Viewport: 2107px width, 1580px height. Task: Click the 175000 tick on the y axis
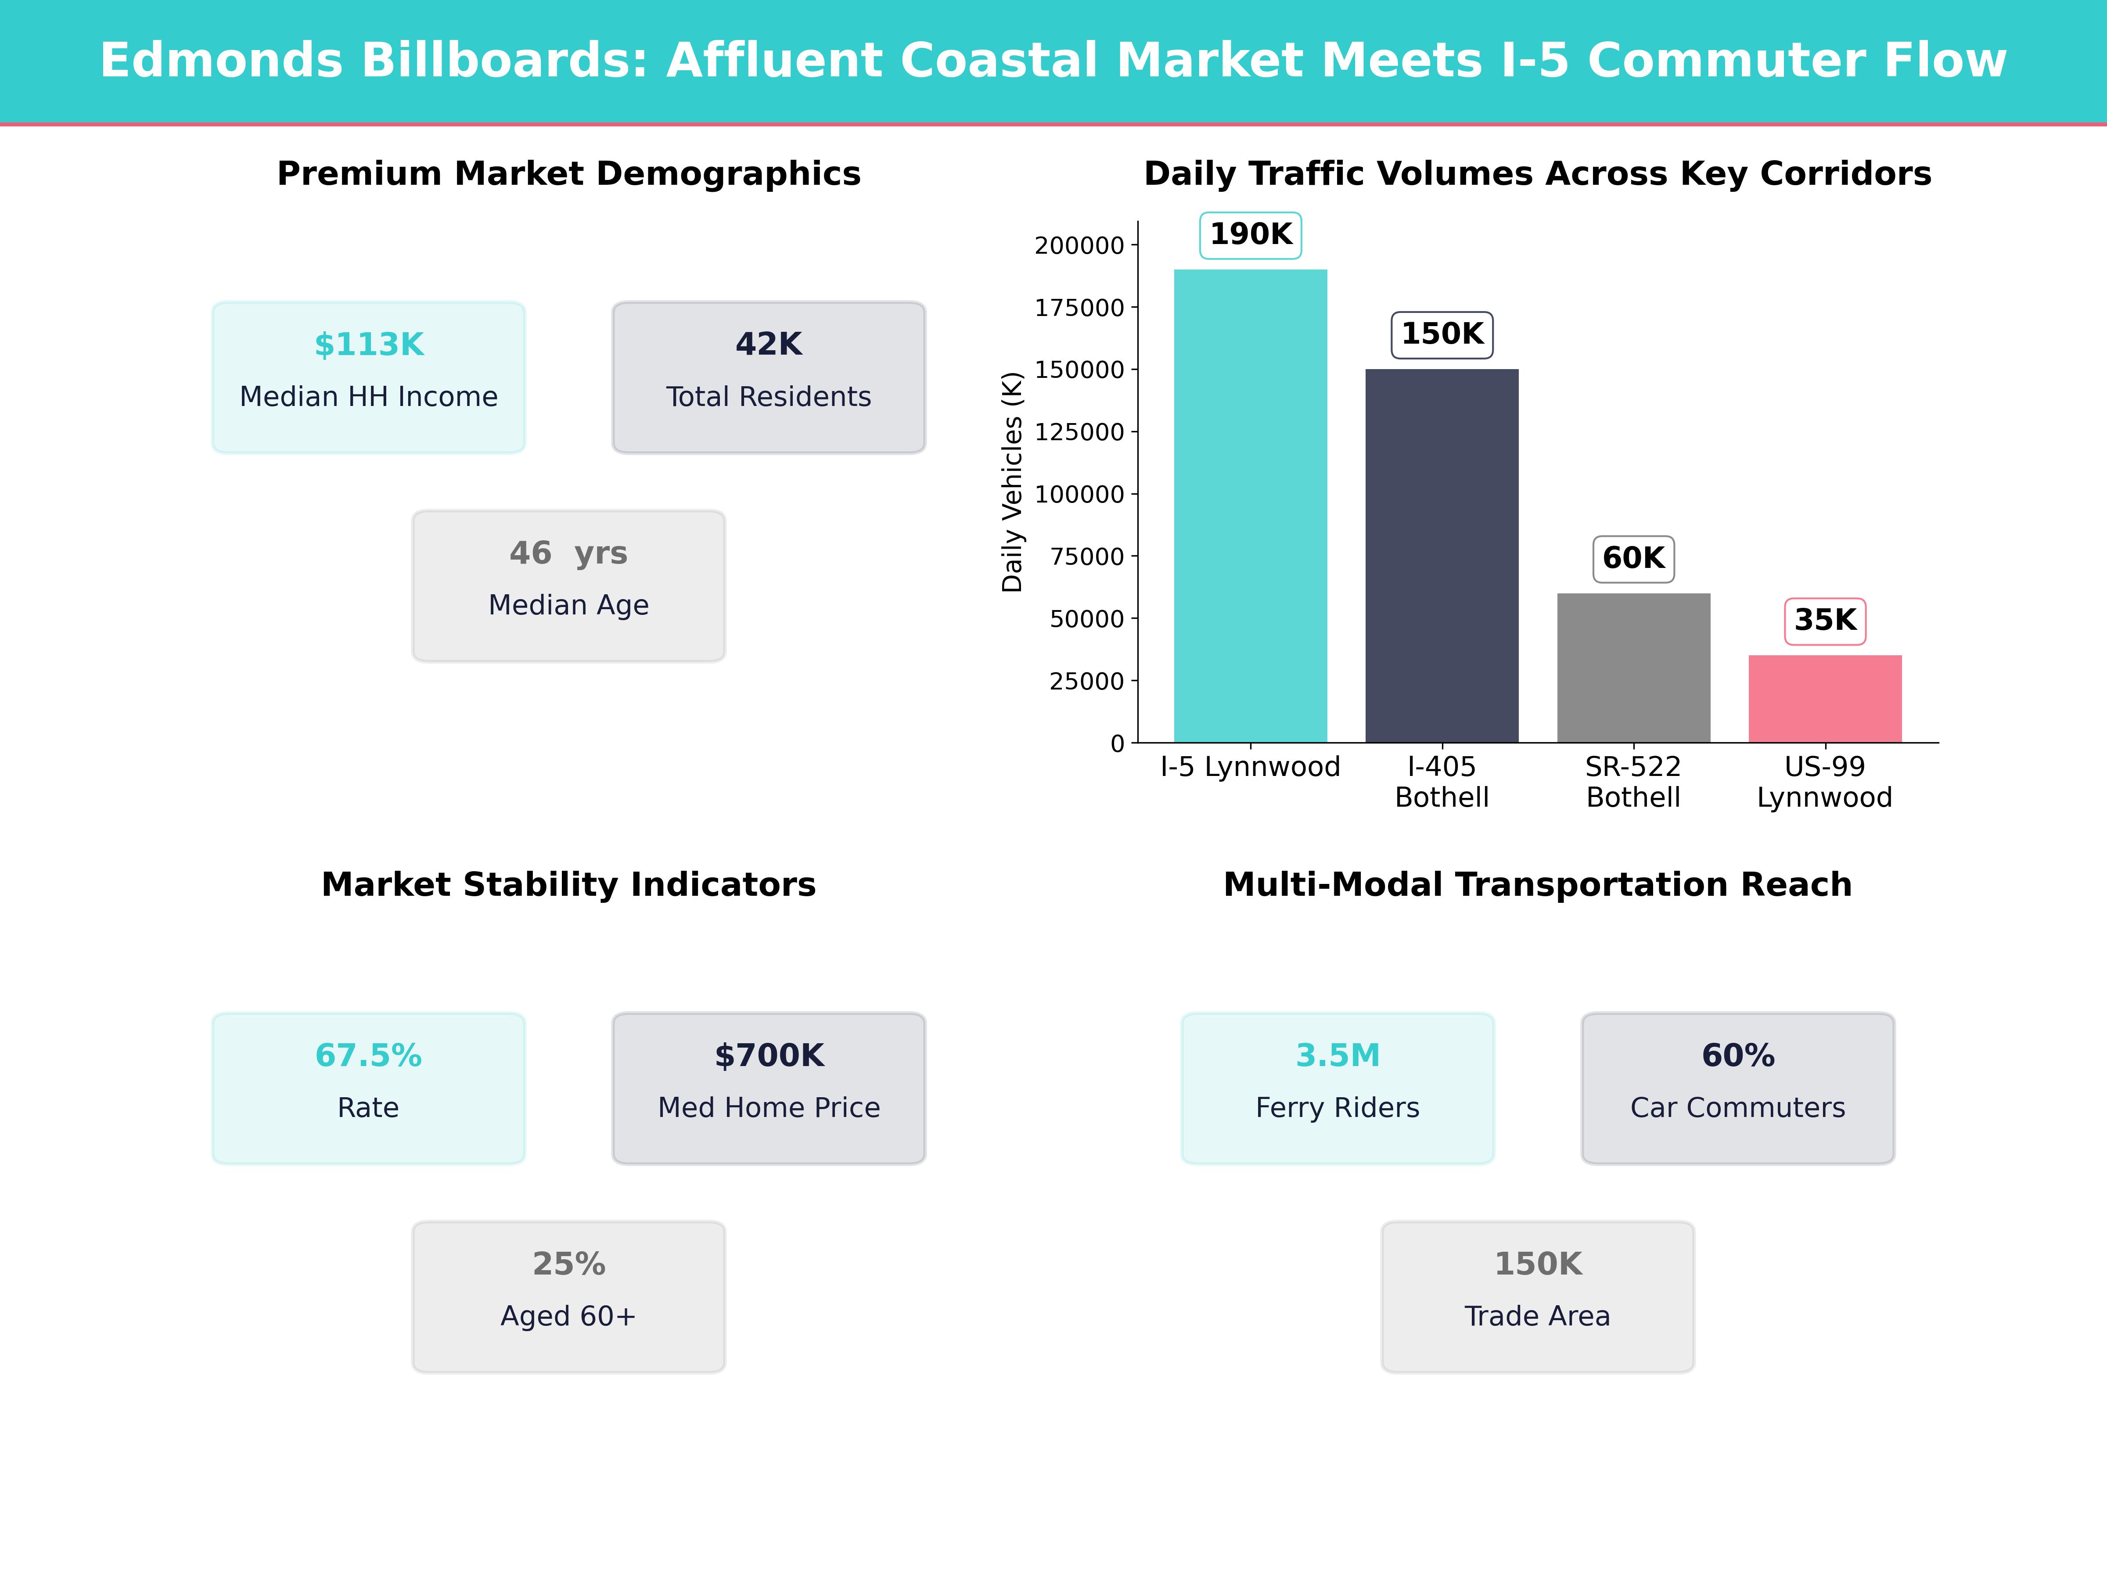point(1079,308)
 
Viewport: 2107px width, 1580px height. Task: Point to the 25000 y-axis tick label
point(1086,681)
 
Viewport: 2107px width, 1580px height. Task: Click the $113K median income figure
point(369,344)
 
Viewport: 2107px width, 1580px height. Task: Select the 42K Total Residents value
point(769,344)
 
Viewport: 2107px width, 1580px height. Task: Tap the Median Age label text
point(568,605)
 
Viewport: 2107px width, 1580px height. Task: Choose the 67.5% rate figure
point(369,1055)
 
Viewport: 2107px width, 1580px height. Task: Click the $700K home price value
point(769,1055)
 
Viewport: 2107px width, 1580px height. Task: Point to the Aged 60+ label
point(568,1316)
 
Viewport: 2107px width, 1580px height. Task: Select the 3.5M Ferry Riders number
point(1338,1055)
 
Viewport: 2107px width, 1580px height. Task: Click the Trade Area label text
point(1537,1316)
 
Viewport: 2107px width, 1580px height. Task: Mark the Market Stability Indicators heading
point(568,885)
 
